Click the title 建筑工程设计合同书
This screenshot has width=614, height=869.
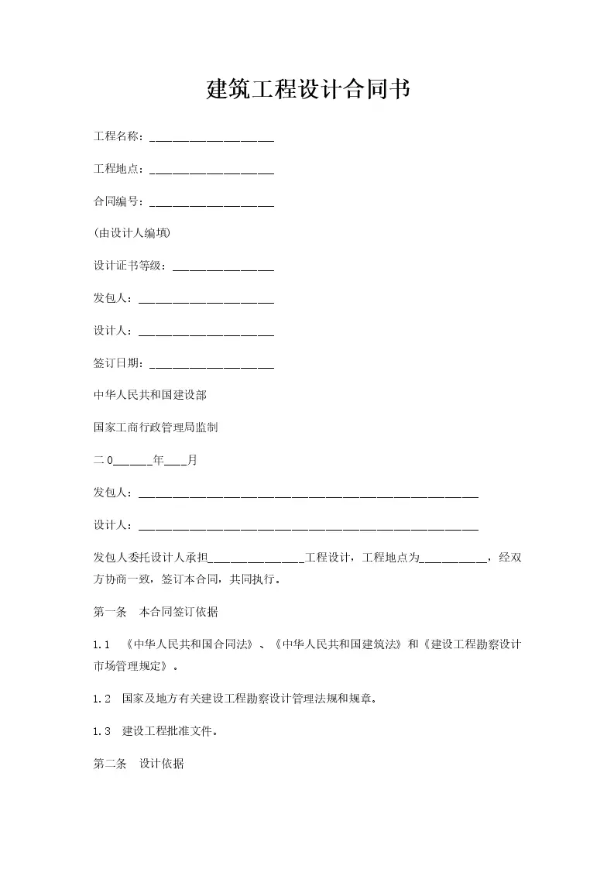coord(307,90)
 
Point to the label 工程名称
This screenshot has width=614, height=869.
coord(115,136)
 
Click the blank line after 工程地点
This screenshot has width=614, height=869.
coord(211,170)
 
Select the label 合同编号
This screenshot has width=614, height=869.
coord(115,201)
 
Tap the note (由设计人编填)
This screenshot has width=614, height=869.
coord(132,233)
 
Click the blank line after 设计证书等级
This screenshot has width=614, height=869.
coord(223,266)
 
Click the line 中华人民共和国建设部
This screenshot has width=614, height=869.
coord(150,394)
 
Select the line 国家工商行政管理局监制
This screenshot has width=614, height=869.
coord(156,427)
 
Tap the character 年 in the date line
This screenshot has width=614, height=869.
coord(158,460)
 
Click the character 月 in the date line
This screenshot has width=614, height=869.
coord(192,460)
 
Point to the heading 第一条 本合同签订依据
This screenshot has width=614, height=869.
coord(156,612)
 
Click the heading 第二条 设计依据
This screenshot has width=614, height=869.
coord(139,764)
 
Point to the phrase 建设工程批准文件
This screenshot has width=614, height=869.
coord(166,730)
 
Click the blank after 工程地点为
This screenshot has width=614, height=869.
coord(453,557)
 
